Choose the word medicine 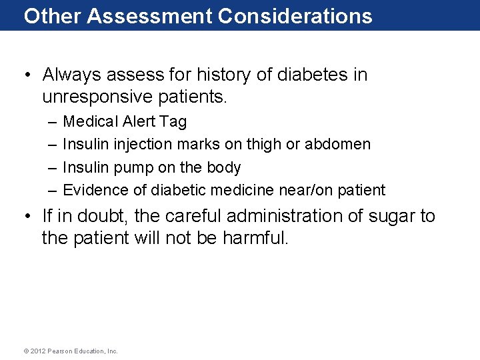[242, 191]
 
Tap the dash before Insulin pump [53, 167]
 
